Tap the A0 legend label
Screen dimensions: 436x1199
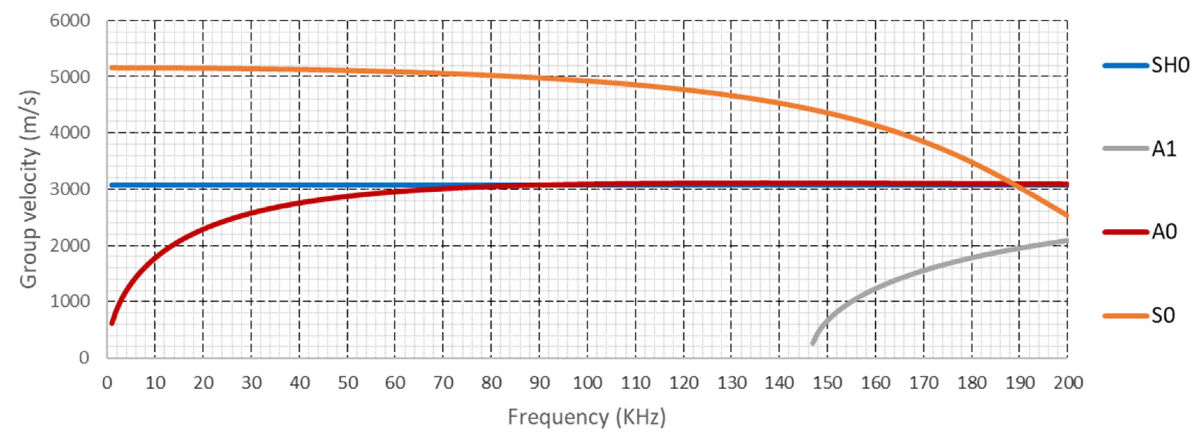(x=1164, y=231)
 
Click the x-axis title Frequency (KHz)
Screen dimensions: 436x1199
(x=587, y=416)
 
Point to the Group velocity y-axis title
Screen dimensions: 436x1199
(x=29, y=189)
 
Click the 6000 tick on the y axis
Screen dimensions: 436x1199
(x=70, y=21)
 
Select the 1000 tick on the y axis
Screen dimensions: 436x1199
(x=70, y=301)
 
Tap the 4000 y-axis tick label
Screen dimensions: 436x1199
(x=70, y=133)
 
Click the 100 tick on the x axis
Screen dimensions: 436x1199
(x=587, y=383)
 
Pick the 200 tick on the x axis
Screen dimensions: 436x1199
(x=1068, y=383)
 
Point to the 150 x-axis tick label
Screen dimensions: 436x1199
(x=827, y=383)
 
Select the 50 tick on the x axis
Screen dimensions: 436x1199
(x=348, y=383)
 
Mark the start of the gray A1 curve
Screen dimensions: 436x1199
(x=813, y=344)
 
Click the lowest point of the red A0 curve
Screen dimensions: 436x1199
(x=112, y=323)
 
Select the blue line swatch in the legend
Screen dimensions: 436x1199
(x=1125, y=66)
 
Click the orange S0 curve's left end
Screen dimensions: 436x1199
(x=112, y=68)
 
